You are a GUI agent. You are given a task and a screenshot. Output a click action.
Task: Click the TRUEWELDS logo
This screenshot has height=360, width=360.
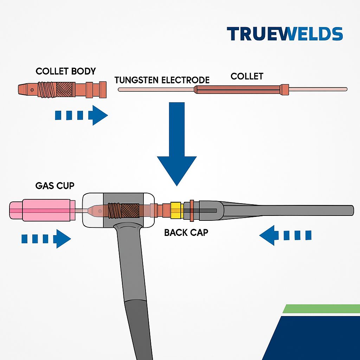(x=285, y=34)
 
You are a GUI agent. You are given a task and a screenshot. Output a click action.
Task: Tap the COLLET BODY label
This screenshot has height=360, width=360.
(x=66, y=71)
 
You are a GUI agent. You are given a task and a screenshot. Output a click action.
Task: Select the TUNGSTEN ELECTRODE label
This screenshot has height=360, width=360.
(x=162, y=80)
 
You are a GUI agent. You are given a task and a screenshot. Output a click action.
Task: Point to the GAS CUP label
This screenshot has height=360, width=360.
(x=55, y=186)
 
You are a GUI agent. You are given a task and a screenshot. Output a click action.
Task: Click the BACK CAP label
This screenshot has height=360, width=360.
(x=186, y=233)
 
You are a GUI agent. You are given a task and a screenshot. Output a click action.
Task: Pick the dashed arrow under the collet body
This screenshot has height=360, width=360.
(x=81, y=115)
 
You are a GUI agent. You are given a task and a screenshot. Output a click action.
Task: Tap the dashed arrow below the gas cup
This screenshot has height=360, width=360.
(x=46, y=239)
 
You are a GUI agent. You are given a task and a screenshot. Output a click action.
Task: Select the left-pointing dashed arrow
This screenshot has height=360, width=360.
(x=285, y=235)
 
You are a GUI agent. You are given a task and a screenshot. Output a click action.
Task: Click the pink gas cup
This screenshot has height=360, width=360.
(x=42, y=210)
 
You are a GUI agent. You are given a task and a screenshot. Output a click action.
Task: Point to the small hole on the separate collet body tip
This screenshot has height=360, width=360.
(x=32, y=90)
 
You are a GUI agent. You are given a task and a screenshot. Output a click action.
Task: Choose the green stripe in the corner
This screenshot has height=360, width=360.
(x=321, y=309)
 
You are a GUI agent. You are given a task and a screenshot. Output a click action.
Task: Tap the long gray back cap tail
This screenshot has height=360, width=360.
(x=287, y=210)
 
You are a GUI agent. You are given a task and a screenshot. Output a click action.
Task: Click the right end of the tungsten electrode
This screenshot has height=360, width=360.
(x=346, y=89)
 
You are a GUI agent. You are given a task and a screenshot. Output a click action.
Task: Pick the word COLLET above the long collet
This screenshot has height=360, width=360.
(x=247, y=76)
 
